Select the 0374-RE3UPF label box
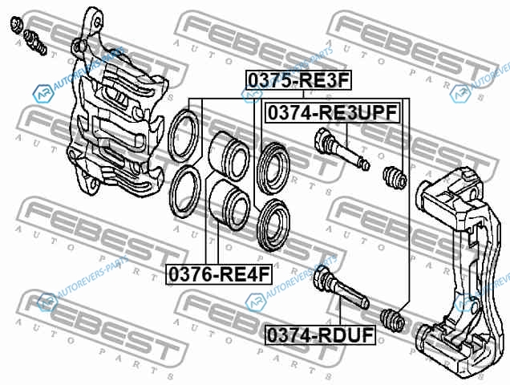(x=333, y=113)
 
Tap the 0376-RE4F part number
(x=219, y=275)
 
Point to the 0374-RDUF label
(x=321, y=335)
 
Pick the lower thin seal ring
(x=171, y=192)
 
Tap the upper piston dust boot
(x=259, y=168)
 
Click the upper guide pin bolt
(x=342, y=149)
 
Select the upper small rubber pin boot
(x=395, y=178)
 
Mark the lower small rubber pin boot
(x=392, y=319)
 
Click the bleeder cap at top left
(x=15, y=25)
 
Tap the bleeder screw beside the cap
(x=34, y=42)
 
